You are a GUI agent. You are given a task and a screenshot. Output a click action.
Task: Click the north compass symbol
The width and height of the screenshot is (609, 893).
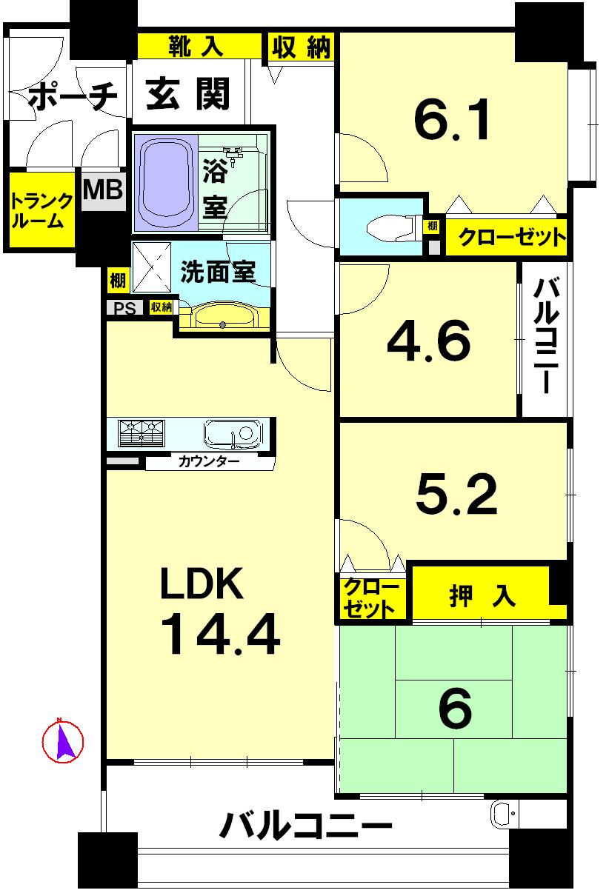tap(62, 740)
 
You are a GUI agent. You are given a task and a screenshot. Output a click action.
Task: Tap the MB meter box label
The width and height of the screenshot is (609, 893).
tap(102, 190)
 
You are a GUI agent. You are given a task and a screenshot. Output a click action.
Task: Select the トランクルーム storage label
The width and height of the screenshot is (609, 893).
tap(42, 211)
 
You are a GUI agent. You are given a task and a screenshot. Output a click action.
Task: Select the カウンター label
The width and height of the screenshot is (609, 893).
tap(208, 462)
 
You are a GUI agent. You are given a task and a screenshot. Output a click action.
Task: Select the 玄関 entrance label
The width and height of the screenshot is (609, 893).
tap(188, 95)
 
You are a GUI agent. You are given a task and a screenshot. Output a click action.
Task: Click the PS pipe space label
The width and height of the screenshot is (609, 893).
tap(125, 308)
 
